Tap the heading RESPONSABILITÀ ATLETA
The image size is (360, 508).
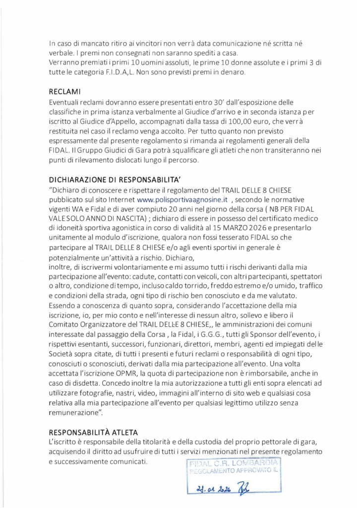[97, 431]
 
